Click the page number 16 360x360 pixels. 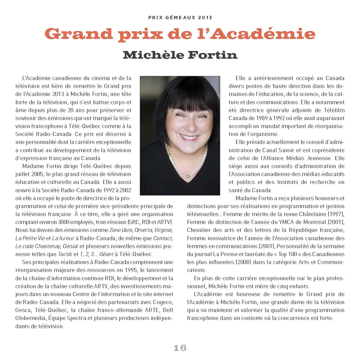180,348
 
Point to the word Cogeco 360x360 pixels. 163,302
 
